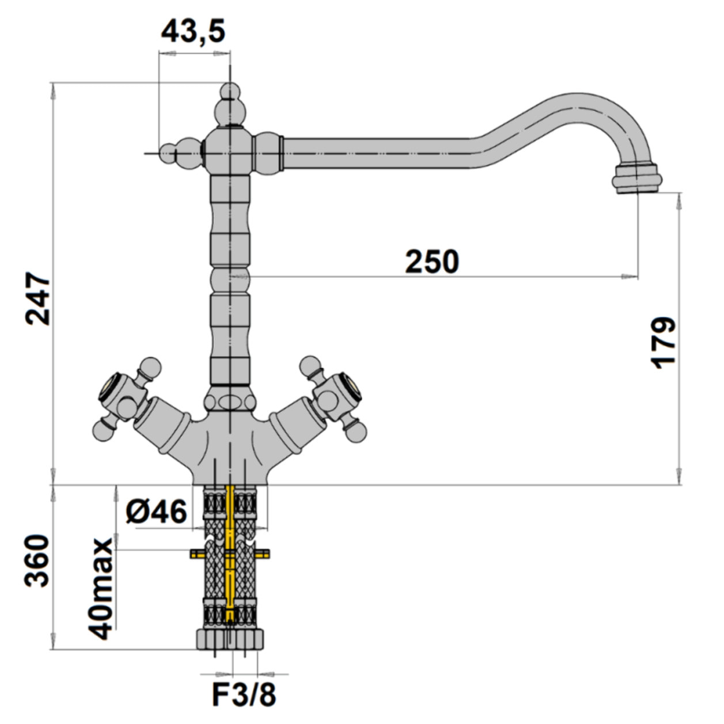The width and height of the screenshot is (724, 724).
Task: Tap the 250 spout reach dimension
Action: (x=432, y=261)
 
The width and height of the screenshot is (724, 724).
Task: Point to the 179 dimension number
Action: (x=663, y=343)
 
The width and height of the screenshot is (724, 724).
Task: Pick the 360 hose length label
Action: (x=37, y=561)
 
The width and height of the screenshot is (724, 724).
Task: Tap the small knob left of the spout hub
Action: (x=181, y=152)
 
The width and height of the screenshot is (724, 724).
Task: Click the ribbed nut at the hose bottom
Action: (x=230, y=647)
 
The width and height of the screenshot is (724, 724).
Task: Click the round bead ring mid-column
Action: (x=230, y=278)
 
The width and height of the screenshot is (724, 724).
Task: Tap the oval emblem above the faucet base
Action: (x=230, y=401)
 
